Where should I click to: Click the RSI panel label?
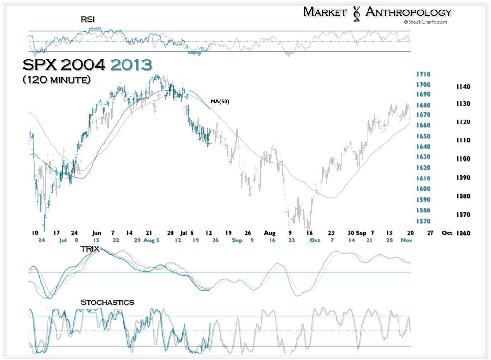tap(88, 19)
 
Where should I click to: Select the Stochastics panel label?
tap(107, 302)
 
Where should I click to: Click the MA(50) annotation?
tap(219, 102)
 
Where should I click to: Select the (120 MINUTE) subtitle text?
tap(56, 79)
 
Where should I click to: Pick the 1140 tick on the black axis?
tap(463, 87)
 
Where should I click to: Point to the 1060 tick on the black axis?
tap(463, 233)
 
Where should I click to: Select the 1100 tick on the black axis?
tap(463, 159)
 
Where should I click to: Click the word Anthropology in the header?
tap(408, 12)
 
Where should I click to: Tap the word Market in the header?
tap(325, 12)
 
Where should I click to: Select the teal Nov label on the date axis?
tap(406, 240)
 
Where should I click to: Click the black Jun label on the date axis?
tap(96, 232)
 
